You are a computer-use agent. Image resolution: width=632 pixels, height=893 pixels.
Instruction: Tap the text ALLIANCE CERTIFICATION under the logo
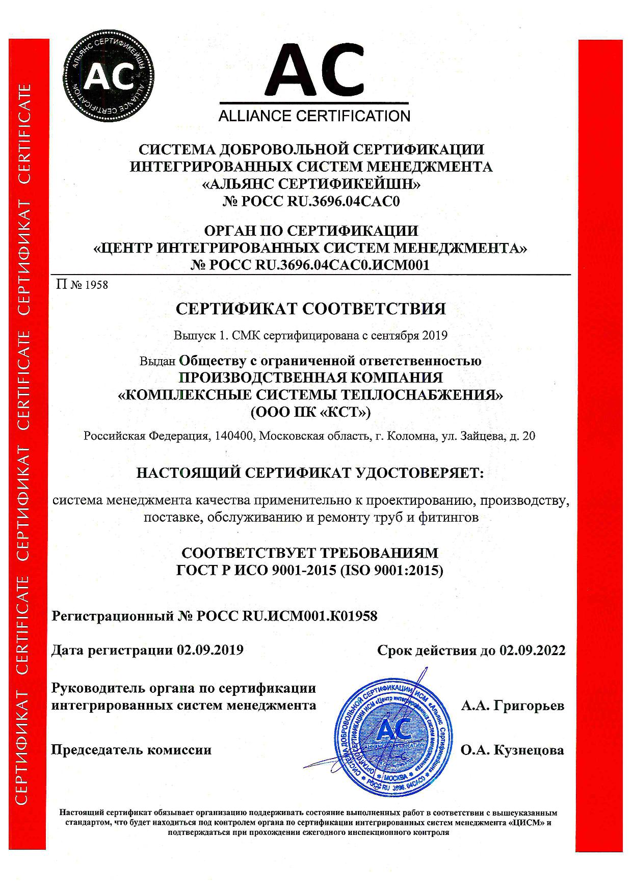314,116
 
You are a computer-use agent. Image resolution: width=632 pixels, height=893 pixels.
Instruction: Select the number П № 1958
83,284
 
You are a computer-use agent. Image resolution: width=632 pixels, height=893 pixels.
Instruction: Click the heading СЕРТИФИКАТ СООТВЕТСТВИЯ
310,309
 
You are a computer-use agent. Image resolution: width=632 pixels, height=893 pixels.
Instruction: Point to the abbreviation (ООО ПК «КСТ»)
310,412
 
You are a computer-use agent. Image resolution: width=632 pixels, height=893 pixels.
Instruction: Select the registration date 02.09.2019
210,650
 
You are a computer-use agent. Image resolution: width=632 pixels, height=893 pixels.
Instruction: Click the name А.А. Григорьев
513,706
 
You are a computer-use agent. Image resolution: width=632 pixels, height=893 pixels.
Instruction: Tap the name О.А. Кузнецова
512,750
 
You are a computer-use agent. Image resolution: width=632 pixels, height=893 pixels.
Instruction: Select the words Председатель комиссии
131,750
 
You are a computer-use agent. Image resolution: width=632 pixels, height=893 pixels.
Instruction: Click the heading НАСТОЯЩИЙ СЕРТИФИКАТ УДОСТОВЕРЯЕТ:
310,473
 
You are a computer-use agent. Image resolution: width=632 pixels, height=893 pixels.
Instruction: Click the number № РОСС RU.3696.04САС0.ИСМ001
310,265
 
